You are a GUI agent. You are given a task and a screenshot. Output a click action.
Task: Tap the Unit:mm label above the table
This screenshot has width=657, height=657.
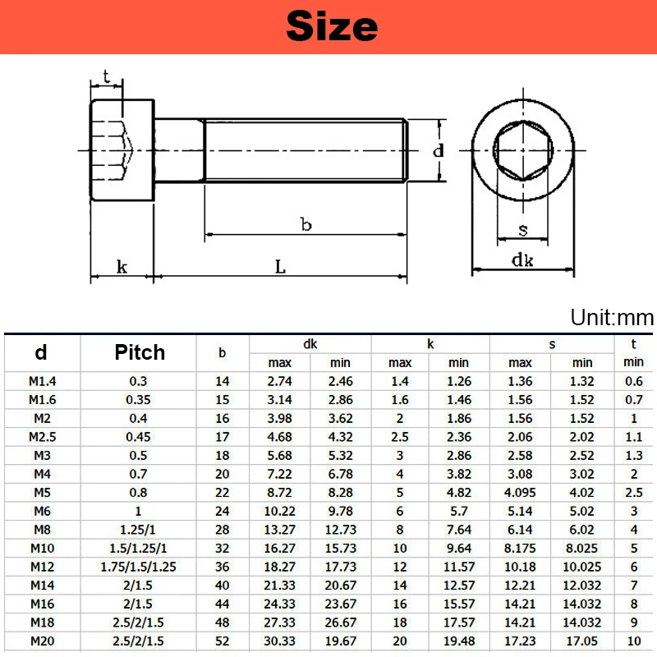pos(611,318)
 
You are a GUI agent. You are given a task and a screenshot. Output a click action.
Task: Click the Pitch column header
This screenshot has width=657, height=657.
pos(139,353)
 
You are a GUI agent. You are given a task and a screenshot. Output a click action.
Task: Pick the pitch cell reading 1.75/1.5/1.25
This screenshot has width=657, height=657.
pos(139,567)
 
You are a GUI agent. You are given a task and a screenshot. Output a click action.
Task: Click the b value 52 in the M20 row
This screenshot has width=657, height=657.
pos(223,641)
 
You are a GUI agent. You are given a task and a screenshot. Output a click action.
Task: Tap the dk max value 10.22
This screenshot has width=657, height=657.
pos(280,512)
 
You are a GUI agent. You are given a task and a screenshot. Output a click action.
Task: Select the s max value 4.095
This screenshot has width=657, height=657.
pos(521,493)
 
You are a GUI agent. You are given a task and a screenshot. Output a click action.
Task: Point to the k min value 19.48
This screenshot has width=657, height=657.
pos(459,641)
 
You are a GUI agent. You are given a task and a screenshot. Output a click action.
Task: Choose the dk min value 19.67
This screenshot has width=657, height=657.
pos(341,641)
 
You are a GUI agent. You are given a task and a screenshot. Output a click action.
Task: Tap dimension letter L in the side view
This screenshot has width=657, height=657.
pos(280,267)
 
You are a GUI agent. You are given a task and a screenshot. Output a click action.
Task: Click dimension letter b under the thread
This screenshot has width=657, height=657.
pos(306,224)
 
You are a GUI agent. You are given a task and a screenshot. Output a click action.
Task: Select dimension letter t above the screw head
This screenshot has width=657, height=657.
pos(106,76)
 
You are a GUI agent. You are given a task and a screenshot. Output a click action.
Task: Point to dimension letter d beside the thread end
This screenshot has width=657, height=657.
pos(439,150)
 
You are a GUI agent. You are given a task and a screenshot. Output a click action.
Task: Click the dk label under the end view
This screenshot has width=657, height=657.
pos(522,261)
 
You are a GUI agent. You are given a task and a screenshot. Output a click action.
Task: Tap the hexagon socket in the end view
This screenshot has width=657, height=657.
pos(522,150)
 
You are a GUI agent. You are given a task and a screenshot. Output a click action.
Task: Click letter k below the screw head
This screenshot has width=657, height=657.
pos(122,267)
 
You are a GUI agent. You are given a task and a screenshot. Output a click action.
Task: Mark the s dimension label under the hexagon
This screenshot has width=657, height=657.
pos(522,229)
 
